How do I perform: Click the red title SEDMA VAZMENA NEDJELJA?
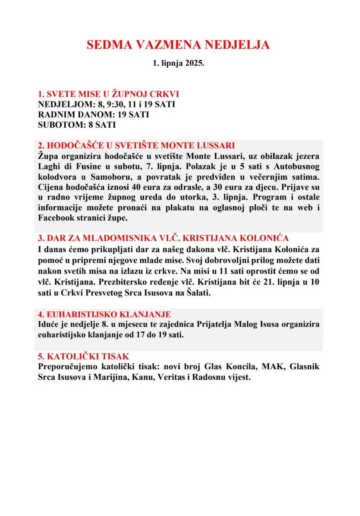click(x=178, y=45)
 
